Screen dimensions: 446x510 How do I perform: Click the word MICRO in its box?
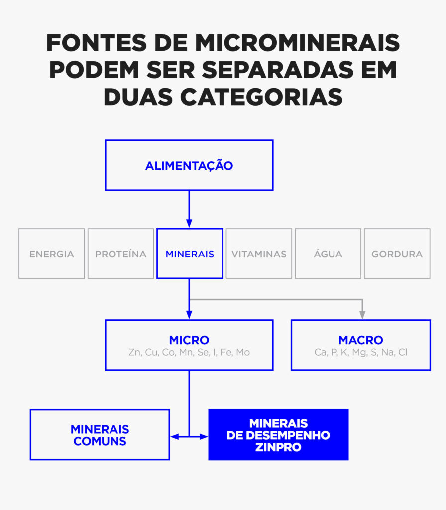189,340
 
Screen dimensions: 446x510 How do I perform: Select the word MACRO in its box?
361,340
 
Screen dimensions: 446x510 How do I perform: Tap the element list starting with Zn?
189,352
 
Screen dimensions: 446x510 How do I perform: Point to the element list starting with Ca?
361,352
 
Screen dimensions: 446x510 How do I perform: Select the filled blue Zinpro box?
279,434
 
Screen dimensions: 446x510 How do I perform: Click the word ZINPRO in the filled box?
278,447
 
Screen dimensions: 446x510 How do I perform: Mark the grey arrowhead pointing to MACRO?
362,315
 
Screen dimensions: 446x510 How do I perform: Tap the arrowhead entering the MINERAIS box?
189,223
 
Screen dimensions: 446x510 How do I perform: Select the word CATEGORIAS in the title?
261,97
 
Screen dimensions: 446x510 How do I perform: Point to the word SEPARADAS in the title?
278,70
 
